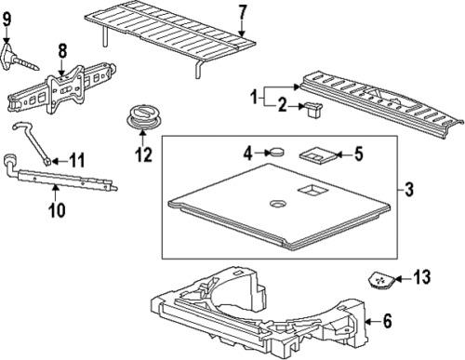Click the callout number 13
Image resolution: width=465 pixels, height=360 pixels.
(422, 275)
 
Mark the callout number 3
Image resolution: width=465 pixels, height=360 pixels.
(407, 193)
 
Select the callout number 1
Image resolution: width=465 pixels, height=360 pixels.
(251, 96)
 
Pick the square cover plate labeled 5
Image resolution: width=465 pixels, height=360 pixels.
(313, 153)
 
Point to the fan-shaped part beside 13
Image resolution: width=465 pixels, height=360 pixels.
(379, 277)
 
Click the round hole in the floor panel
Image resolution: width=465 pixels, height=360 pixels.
(278, 204)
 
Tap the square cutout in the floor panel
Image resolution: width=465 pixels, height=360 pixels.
(308, 191)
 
